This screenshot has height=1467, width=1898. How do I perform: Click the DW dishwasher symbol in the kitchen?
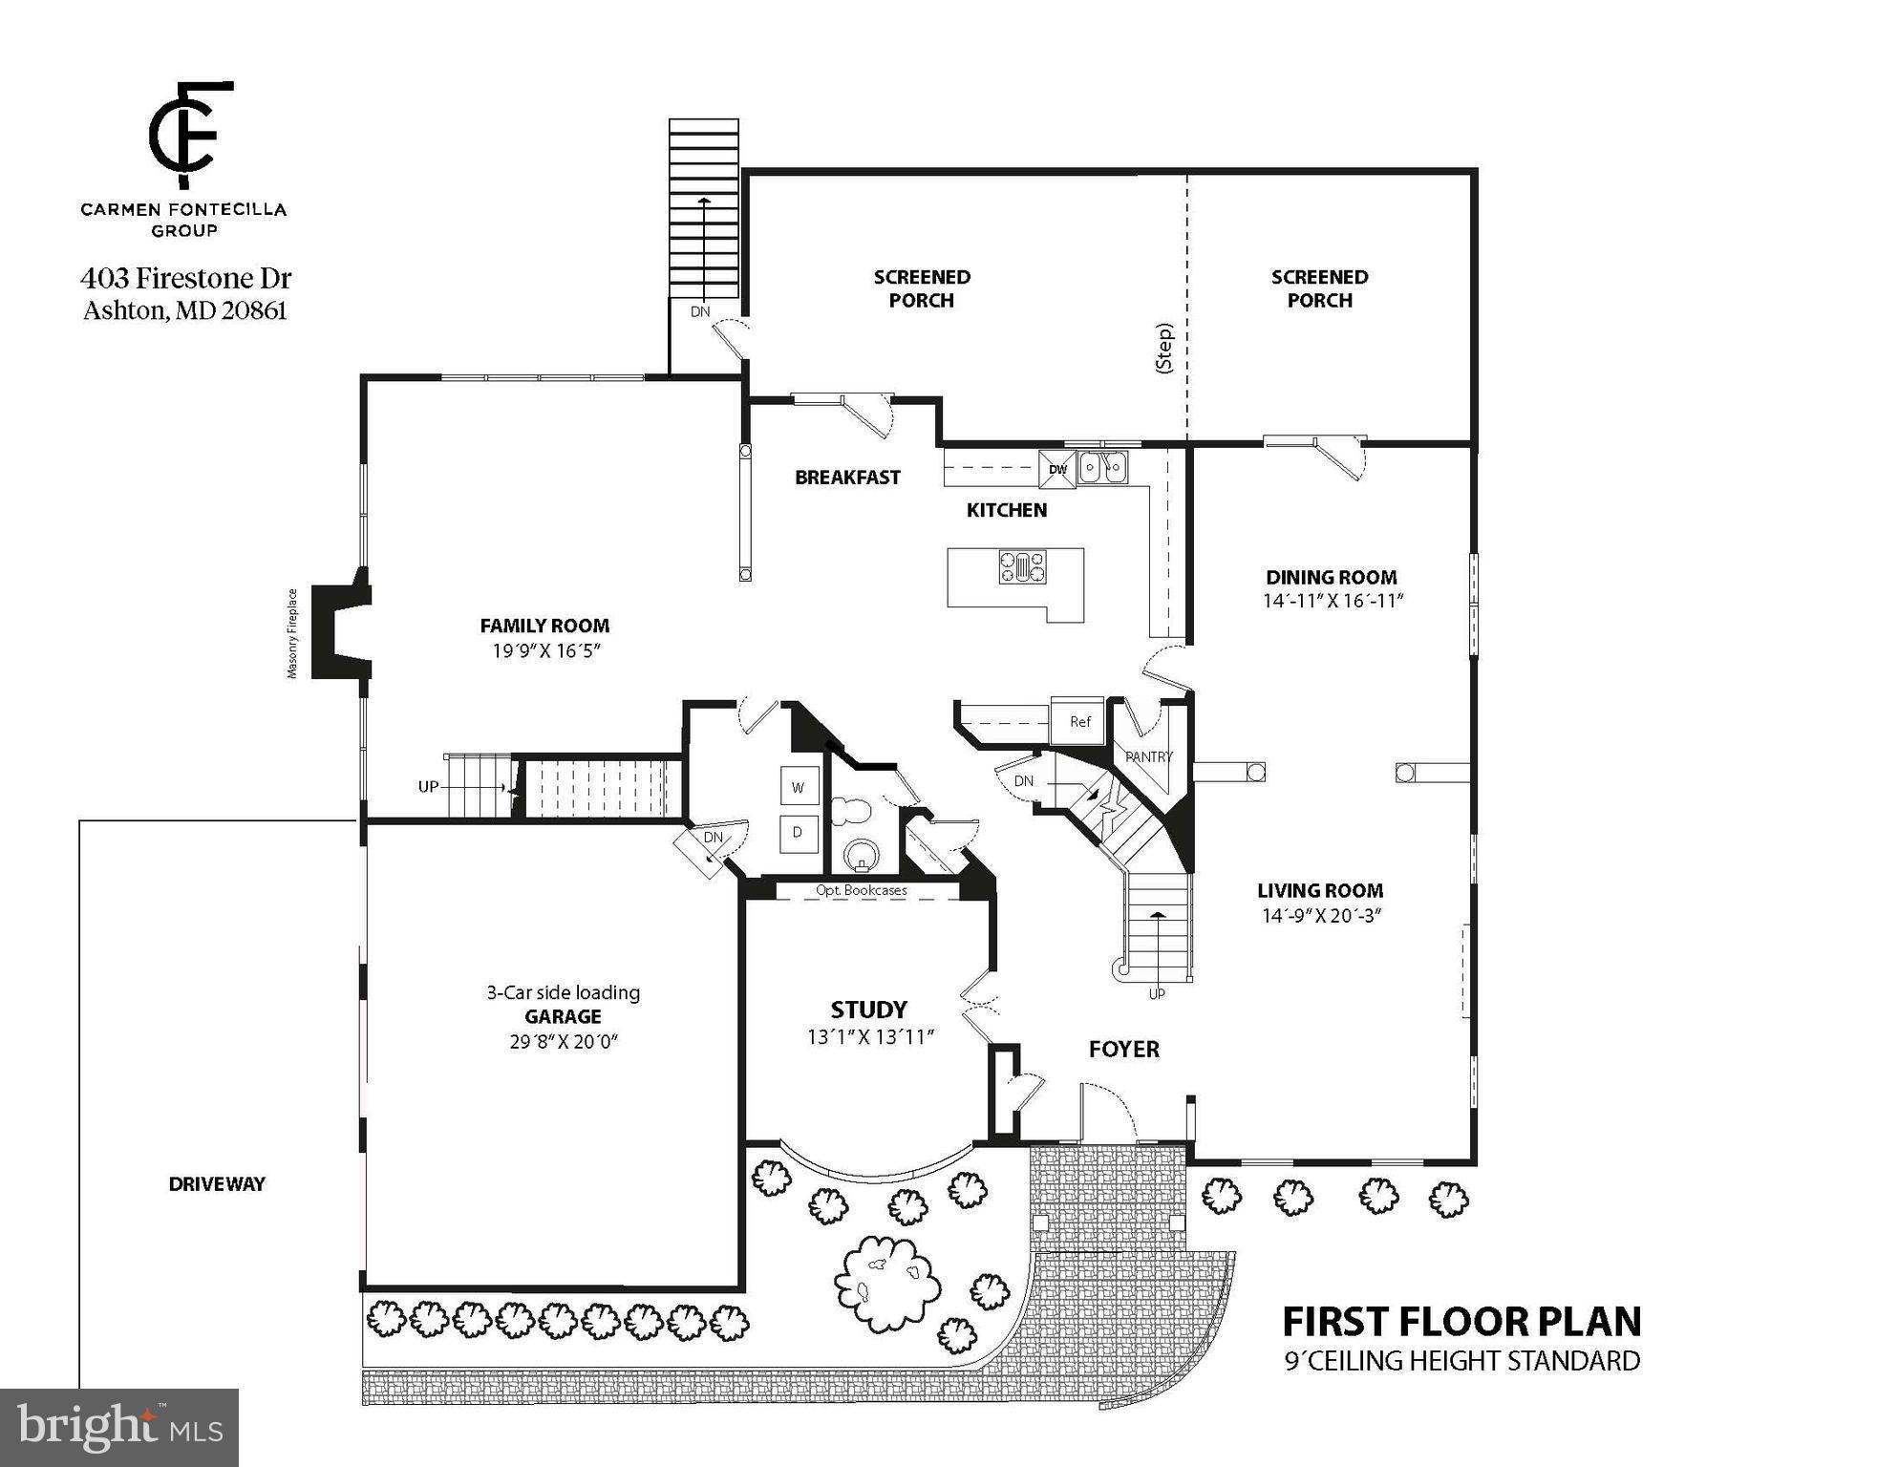pos(1057,469)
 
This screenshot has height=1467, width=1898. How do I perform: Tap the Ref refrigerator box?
pos(1079,721)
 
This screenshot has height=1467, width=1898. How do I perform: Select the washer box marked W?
pos(799,787)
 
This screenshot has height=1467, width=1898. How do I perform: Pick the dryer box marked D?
pos(799,832)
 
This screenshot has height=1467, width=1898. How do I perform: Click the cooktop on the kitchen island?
pos(1022,566)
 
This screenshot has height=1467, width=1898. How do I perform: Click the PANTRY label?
pos(1148,756)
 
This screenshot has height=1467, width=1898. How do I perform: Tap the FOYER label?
pos(1123,1049)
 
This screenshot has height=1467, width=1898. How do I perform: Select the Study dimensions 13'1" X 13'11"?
pos(869,1036)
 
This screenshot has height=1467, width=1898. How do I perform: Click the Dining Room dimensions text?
pos(1333,601)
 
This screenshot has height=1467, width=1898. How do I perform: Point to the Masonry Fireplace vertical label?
pos(292,633)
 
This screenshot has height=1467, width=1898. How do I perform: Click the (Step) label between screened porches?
pos(1163,348)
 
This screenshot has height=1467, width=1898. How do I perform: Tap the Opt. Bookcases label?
pos(861,890)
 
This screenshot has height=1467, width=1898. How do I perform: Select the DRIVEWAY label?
pos(217,1183)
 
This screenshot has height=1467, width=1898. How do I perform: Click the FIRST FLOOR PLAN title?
pos(1461,1322)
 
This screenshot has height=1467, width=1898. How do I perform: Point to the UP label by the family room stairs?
pos(428,786)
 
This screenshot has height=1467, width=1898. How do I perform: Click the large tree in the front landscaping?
pos(885,1279)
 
